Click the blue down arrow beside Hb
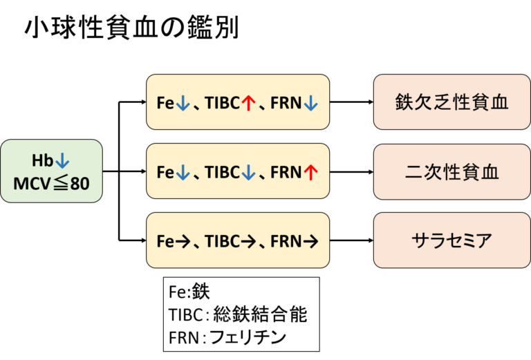tap(62, 160)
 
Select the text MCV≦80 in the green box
tap(51, 184)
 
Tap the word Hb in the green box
tap(41, 160)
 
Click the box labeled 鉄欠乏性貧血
tap(452, 102)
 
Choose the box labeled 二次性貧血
tap(452, 171)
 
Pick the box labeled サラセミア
tap(452, 240)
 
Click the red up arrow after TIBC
tap(249, 103)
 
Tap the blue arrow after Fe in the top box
tap(183, 103)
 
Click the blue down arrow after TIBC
tap(249, 172)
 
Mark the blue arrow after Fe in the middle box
tap(183, 172)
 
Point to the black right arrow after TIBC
tap(249, 241)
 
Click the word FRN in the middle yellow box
tap(286, 172)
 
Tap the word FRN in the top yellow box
tap(286, 103)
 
